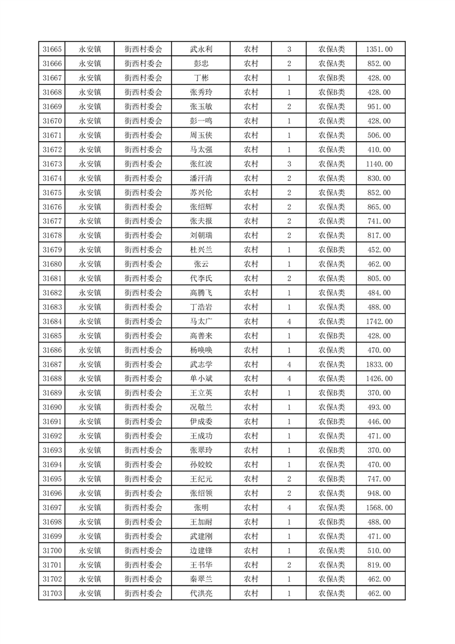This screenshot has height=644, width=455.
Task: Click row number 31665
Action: [x=52, y=49]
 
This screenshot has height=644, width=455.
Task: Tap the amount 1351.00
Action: [x=379, y=49]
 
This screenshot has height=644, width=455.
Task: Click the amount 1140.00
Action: [x=379, y=164]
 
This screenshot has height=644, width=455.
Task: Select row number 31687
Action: [x=52, y=364]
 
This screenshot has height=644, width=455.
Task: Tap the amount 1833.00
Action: [x=379, y=364]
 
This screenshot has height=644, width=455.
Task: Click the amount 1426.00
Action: [x=379, y=379]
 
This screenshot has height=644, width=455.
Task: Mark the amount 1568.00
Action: [x=379, y=507]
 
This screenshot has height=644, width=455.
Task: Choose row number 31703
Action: [x=52, y=593]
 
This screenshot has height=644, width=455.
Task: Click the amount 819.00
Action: [x=379, y=565]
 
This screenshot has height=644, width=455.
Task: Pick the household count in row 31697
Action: [x=289, y=507]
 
